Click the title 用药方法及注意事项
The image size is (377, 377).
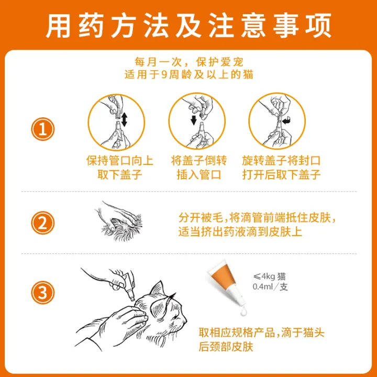188,25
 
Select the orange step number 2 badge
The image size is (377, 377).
43,224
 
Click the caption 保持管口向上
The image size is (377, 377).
114,160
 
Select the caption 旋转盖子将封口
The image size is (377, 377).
281,160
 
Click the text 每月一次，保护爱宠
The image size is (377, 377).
188,61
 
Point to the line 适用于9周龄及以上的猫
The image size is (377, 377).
188,75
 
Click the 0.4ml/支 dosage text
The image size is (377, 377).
270,287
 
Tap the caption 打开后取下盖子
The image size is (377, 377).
281,174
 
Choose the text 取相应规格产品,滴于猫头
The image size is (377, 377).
272,332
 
